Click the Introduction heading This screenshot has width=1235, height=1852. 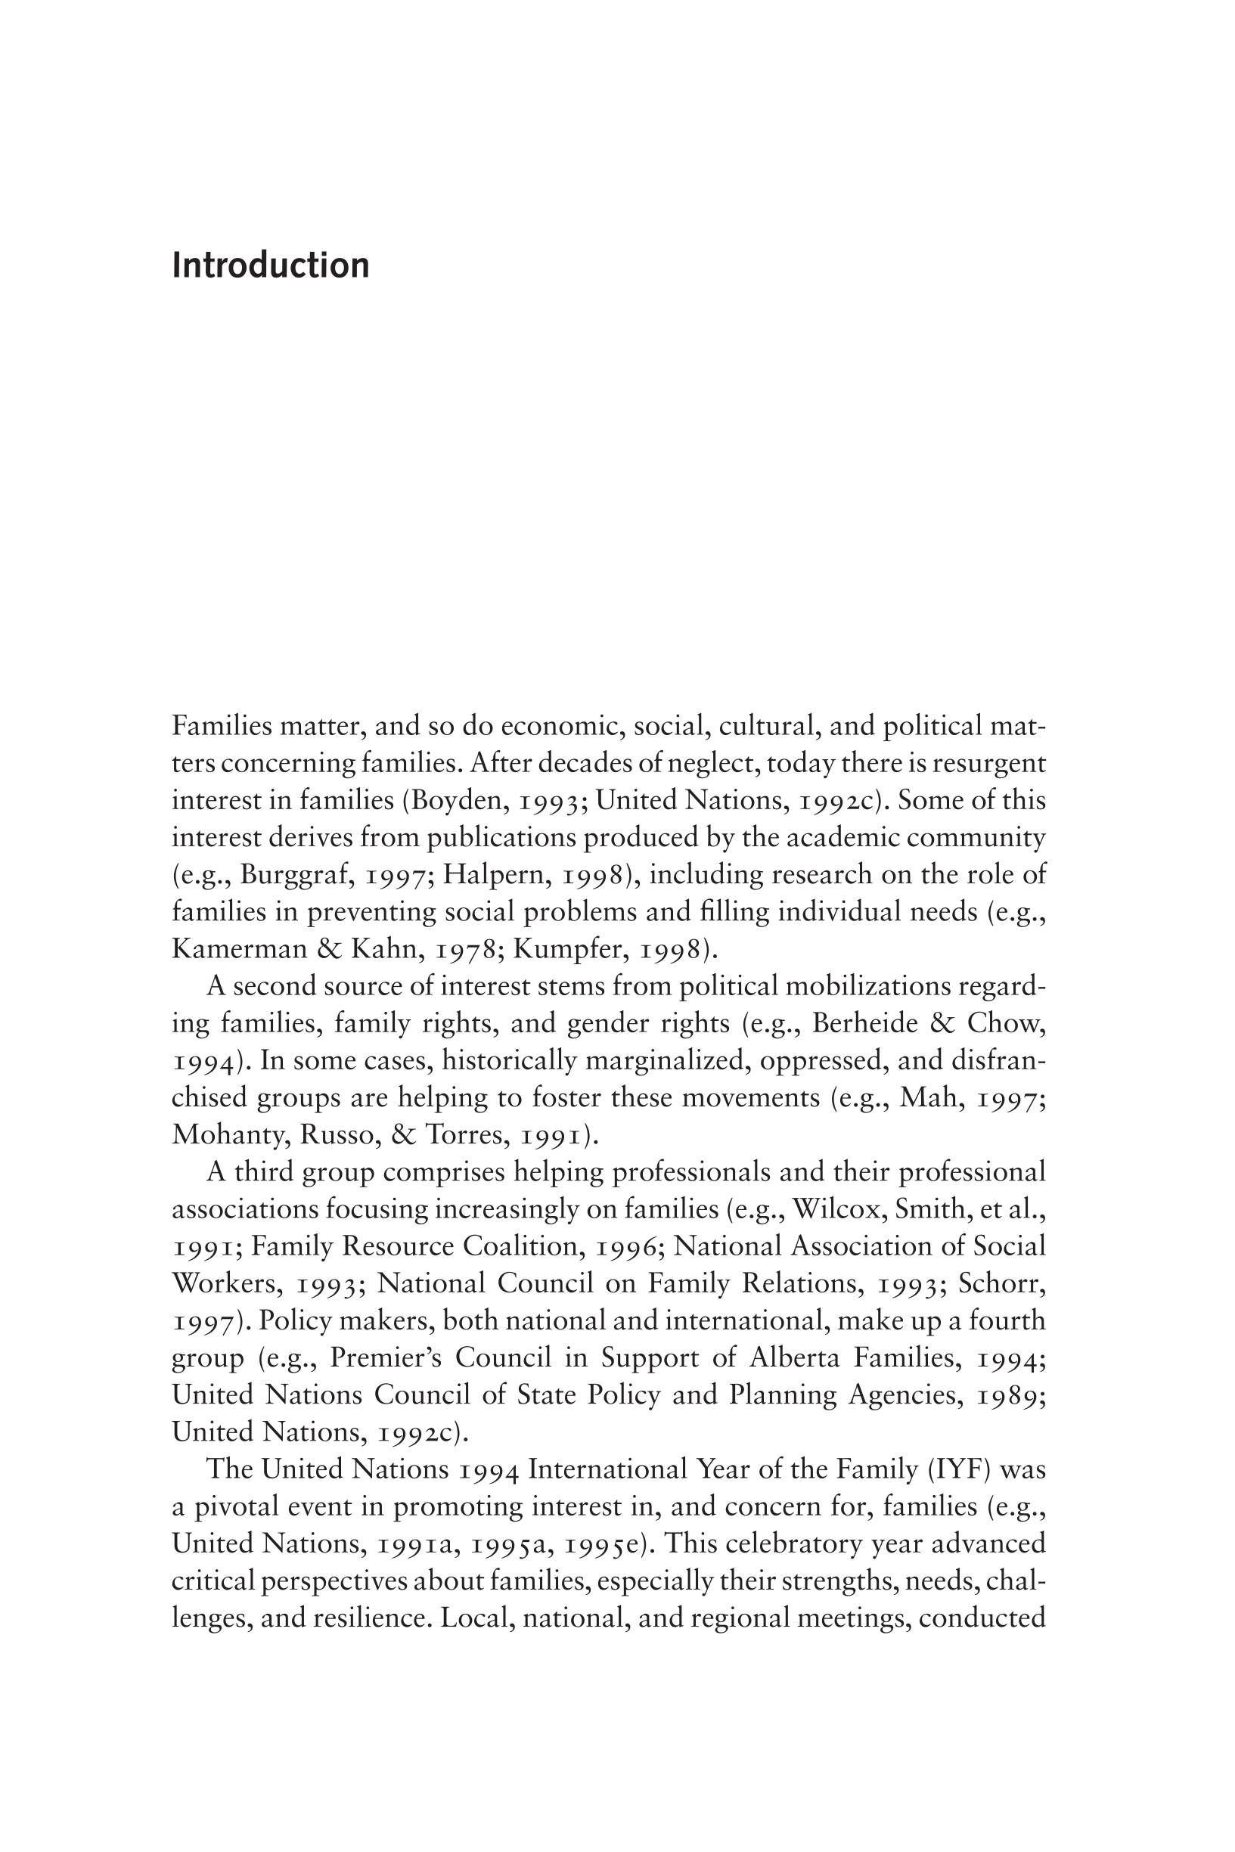pos(270,265)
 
